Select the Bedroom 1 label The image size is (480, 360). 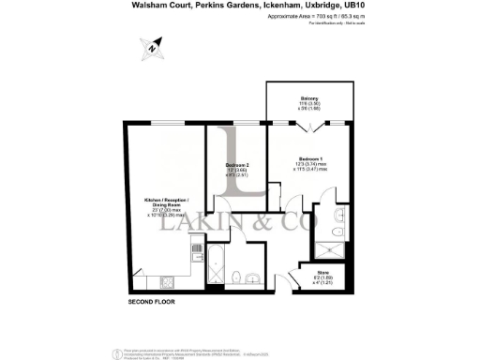(x=311, y=158)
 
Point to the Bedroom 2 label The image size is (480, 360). (x=236, y=166)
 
